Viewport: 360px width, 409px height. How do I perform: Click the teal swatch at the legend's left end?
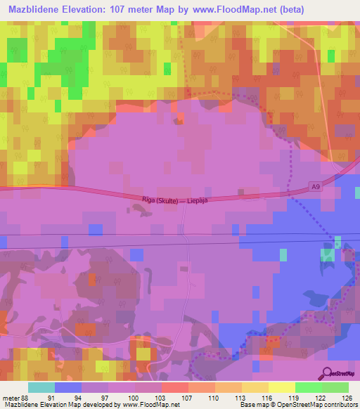[x=41, y=387]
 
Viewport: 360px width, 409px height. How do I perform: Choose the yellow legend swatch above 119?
[x=281, y=387]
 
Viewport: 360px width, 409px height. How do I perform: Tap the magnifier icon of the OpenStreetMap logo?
[x=328, y=374]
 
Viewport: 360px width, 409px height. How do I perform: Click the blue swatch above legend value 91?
[x=67, y=387]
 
